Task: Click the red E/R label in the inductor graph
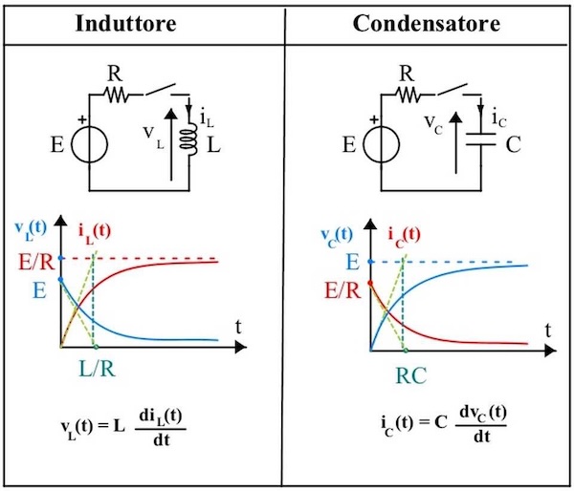[33, 259]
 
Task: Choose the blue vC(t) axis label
[335, 234]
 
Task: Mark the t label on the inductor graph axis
[239, 326]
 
